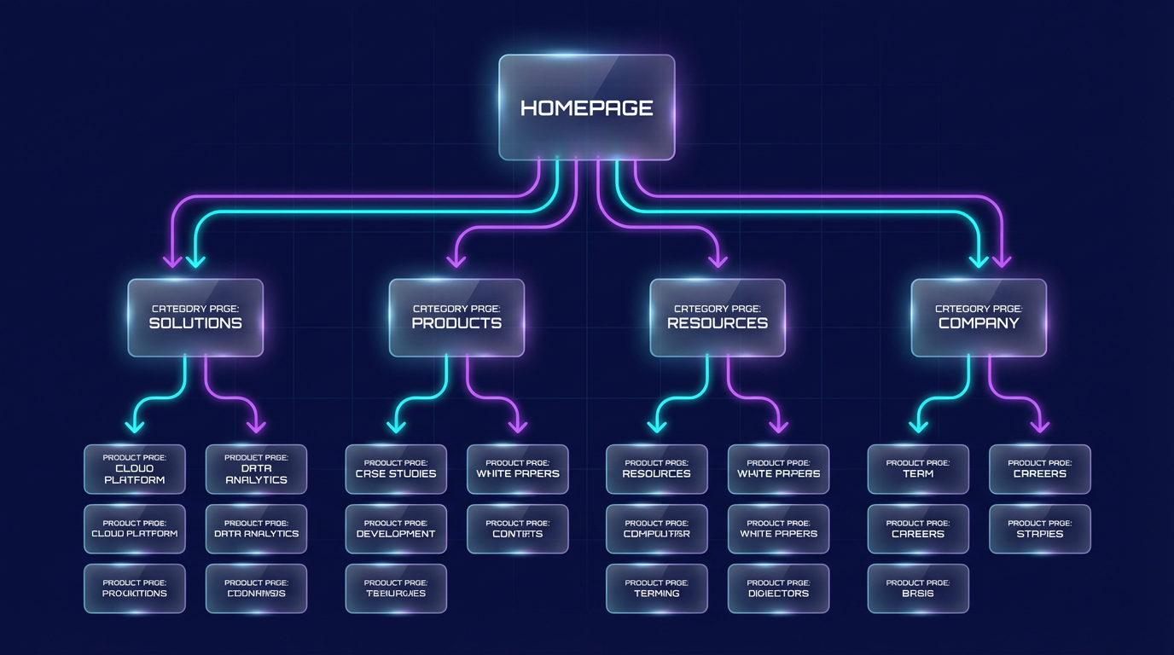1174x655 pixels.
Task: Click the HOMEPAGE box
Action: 587,107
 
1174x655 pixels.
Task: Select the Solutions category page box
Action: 195,317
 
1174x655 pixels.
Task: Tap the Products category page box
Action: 456,317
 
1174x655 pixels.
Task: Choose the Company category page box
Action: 979,317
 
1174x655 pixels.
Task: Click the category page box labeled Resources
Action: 718,317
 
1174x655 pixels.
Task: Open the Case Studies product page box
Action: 396,469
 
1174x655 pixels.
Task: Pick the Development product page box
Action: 396,529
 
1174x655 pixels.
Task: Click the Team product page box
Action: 918,469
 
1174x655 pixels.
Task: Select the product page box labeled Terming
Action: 657,588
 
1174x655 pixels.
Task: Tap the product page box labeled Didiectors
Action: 778,588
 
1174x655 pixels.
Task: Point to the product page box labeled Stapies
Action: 1040,529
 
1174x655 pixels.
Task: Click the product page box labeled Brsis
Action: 918,588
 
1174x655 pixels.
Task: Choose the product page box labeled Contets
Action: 518,529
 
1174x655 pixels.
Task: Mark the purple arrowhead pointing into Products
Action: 456,259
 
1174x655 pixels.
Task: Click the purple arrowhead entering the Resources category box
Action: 718,259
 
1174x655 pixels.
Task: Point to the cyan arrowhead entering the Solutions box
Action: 196,259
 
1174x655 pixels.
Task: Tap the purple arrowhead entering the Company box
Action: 1002,259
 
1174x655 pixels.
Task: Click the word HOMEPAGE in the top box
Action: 587,108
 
